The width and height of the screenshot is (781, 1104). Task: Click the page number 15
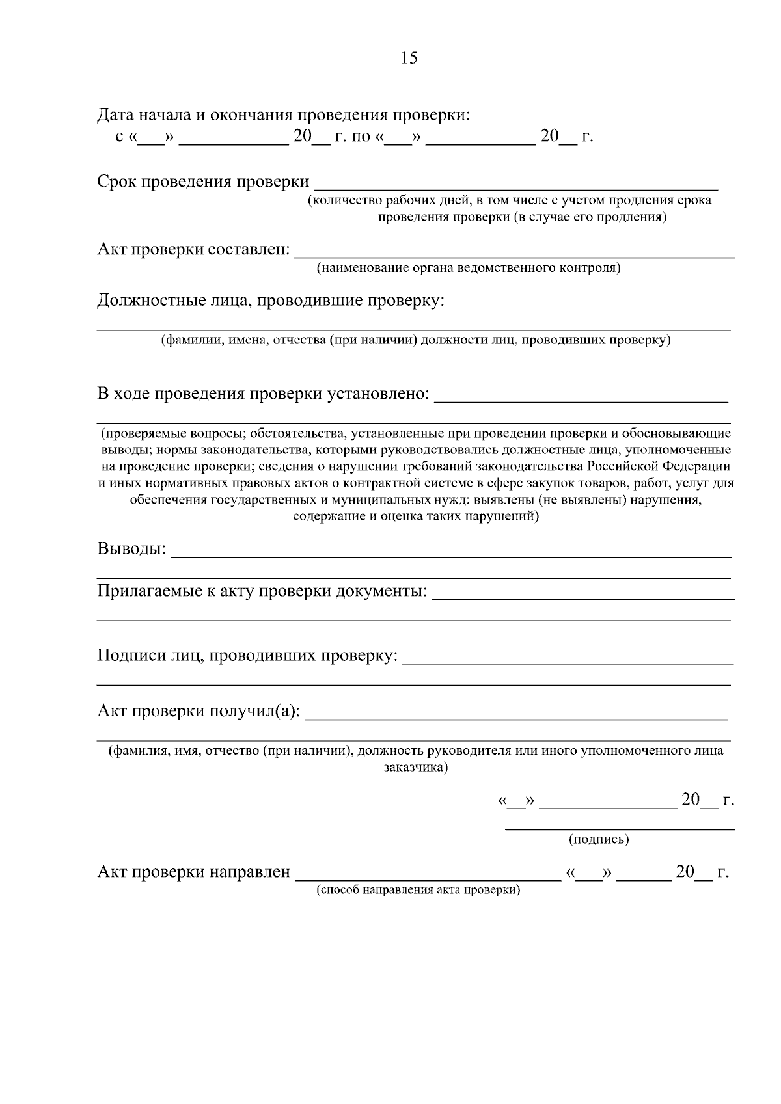pos(409,58)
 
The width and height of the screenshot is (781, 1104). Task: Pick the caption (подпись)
pos(599,839)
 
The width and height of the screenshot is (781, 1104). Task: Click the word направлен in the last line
pos(249,872)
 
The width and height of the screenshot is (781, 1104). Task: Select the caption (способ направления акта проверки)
pos(418,890)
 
